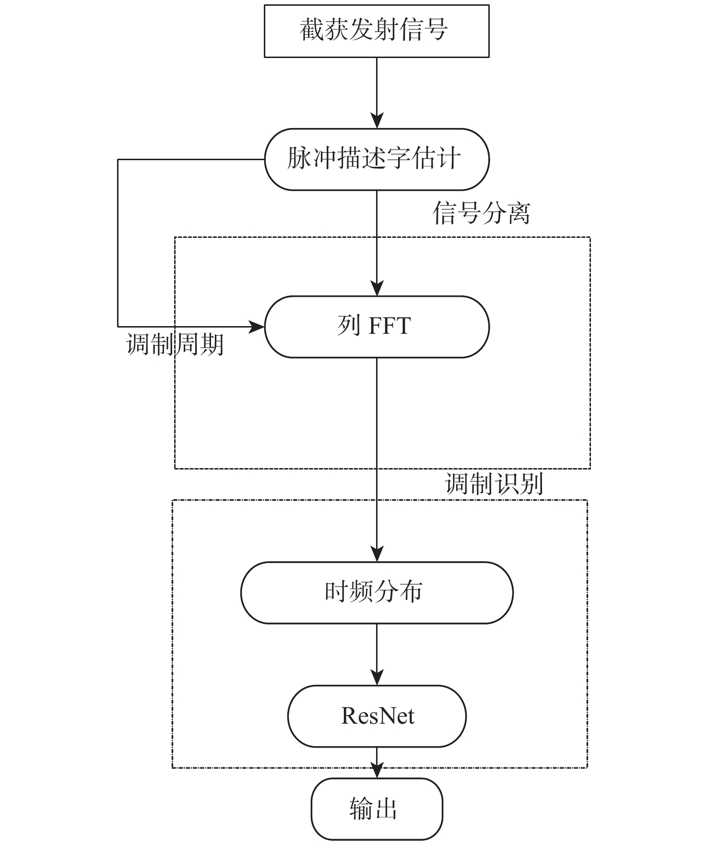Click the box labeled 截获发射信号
pos(377,31)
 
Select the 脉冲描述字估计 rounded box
pos(377,159)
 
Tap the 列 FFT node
pos(377,327)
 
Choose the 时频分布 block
pos(377,592)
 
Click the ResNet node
pos(377,716)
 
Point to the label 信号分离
pos(481,213)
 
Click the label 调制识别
pos(494,484)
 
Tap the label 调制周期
pos(175,344)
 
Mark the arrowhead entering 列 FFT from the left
pos(257,327)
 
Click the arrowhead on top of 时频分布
pos(377,554)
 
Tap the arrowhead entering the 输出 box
pos(377,771)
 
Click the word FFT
pos(389,326)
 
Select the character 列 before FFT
pos(349,326)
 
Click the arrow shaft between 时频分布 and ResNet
pos(377,647)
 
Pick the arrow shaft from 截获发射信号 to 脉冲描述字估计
pos(377,86)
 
